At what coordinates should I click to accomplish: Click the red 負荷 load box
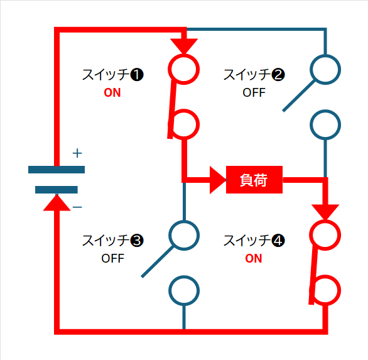click(254, 180)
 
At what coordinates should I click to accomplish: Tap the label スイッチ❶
click(112, 75)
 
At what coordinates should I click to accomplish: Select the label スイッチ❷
click(254, 75)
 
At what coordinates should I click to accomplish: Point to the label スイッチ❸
click(112, 241)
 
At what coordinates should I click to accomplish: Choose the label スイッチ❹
click(254, 241)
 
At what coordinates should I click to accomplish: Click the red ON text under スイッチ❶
click(112, 92)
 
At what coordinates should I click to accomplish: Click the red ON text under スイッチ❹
click(254, 258)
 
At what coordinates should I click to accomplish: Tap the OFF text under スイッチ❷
click(254, 92)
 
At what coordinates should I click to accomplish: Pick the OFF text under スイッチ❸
click(112, 258)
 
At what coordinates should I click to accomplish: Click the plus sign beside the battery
click(77, 153)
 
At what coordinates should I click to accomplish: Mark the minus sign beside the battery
click(77, 207)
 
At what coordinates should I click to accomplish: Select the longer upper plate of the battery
click(57, 170)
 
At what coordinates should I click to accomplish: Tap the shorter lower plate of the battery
click(57, 190)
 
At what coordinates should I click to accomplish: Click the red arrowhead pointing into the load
click(217, 180)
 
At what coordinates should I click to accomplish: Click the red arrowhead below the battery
click(57, 203)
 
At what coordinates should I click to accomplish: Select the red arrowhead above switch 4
click(325, 212)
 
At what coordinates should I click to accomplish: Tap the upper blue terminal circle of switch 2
click(325, 70)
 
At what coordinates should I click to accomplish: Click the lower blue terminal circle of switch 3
click(184, 291)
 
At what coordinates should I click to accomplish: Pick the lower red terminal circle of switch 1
click(184, 124)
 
